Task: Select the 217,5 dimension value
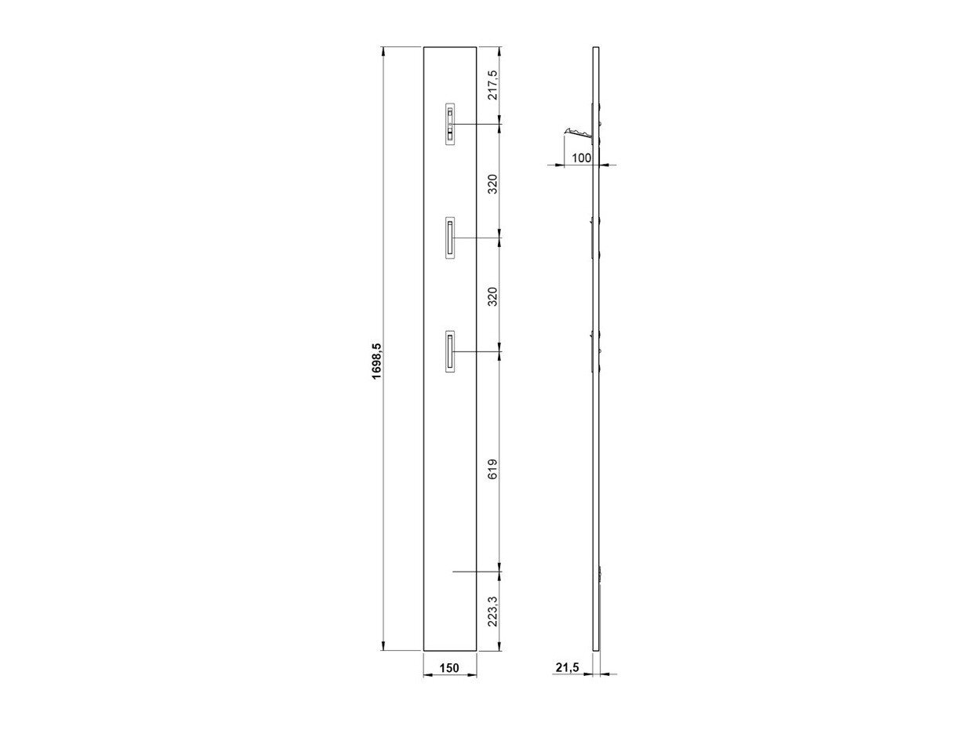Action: pyautogui.click(x=493, y=85)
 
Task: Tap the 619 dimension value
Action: pyautogui.click(x=493, y=468)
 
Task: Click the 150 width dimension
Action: pyautogui.click(x=449, y=667)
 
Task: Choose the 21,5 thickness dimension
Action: pyautogui.click(x=568, y=667)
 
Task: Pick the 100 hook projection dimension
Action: pyautogui.click(x=581, y=158)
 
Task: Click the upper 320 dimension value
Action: pyautogui.click(x=493, y=184)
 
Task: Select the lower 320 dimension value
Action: pyautogui.click(x=493, y=296)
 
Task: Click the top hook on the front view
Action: pyautogui.click(x=450, y=125)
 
